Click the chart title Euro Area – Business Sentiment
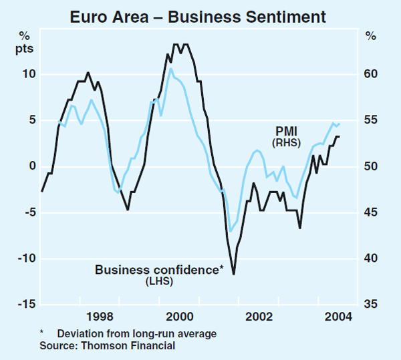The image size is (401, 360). click(x=200, y=15)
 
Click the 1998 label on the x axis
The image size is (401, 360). click(x=99, y=317)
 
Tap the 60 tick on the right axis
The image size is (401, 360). click(x=371, y=74)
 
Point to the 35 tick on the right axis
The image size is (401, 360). click(x=371, y=305)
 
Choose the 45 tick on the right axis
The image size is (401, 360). click(x=371, y=212)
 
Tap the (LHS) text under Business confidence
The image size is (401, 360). click(x=158, y=282)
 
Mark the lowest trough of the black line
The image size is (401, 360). click(x=233, y=274)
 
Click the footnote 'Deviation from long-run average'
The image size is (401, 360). click(x=137, y=333)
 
